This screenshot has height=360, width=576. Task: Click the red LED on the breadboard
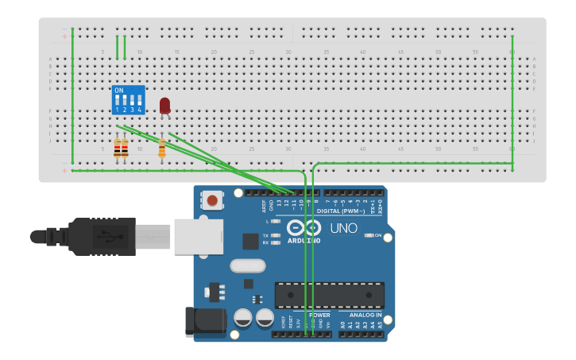[164, 106]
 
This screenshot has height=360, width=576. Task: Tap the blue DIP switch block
[129, 100]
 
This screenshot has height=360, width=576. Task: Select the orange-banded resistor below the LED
[162, 149]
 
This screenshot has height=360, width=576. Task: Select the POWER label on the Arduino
[319, 315]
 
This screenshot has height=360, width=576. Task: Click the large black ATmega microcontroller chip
[329, 295]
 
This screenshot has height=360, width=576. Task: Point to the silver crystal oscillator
[246, 266]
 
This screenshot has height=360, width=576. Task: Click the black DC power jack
[204, 321]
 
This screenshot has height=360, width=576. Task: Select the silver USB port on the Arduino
[198, 237]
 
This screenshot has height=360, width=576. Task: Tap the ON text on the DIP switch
[119, 91]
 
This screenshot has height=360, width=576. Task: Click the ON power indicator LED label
[377, 235]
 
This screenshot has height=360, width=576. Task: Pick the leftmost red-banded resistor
[118, 149]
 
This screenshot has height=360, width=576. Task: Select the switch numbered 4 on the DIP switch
[140, 102]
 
